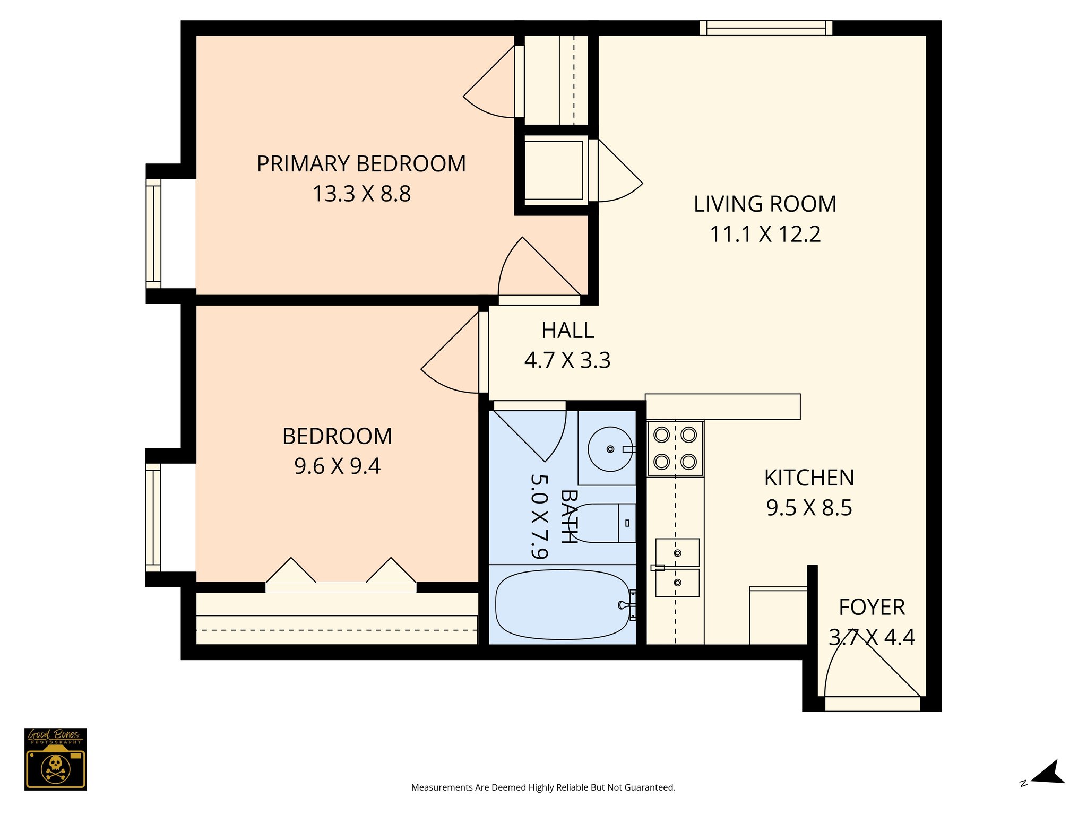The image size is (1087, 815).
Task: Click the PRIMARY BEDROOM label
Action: pyautogui.click(x=361, y=164)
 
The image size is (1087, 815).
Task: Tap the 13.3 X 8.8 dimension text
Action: pyautogui.click(x=361, y=194)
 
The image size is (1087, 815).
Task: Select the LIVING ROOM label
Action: pyautogui.click(x=765, y=204)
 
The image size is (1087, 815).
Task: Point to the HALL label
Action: pyautogui.click(x=567, y=331)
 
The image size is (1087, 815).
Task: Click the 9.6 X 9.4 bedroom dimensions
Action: pyautogui.click(x=338, y=466)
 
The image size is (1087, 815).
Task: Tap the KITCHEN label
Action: pyautogui.click(x=809, y=478)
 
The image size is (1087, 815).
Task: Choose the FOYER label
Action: pyautogui.click(x=872, y=608)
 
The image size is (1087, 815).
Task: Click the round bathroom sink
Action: pyautogui.click(x=610, y=449)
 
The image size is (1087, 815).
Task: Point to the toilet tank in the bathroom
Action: pyautogui.click(x=627, y=523)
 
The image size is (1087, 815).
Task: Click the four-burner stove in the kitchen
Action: pyautogui.click(x=675, y=448)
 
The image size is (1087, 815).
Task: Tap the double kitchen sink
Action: pyautogui.click(x=677, y=568)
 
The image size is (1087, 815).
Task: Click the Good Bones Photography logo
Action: pyautogui.click(x=56, y=759)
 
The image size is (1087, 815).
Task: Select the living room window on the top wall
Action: pyautogui.click(x=766, y=28)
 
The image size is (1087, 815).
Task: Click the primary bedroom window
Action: pyautogui.click(x=153, y=233)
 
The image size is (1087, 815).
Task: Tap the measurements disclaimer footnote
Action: pyautogui.click(x=543, y=787)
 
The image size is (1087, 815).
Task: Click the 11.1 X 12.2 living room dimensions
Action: pyautogui.click(x=765, y=234)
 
